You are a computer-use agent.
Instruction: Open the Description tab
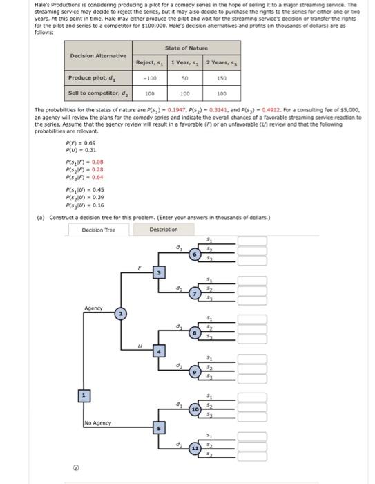[x=163, y=230]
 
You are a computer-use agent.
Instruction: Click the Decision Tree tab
[x=99, y=230]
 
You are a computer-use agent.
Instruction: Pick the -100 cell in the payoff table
[x=146, y=77]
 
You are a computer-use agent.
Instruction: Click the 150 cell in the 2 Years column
[x=221, y=77]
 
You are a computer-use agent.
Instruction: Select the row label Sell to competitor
[x=97, y=92]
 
